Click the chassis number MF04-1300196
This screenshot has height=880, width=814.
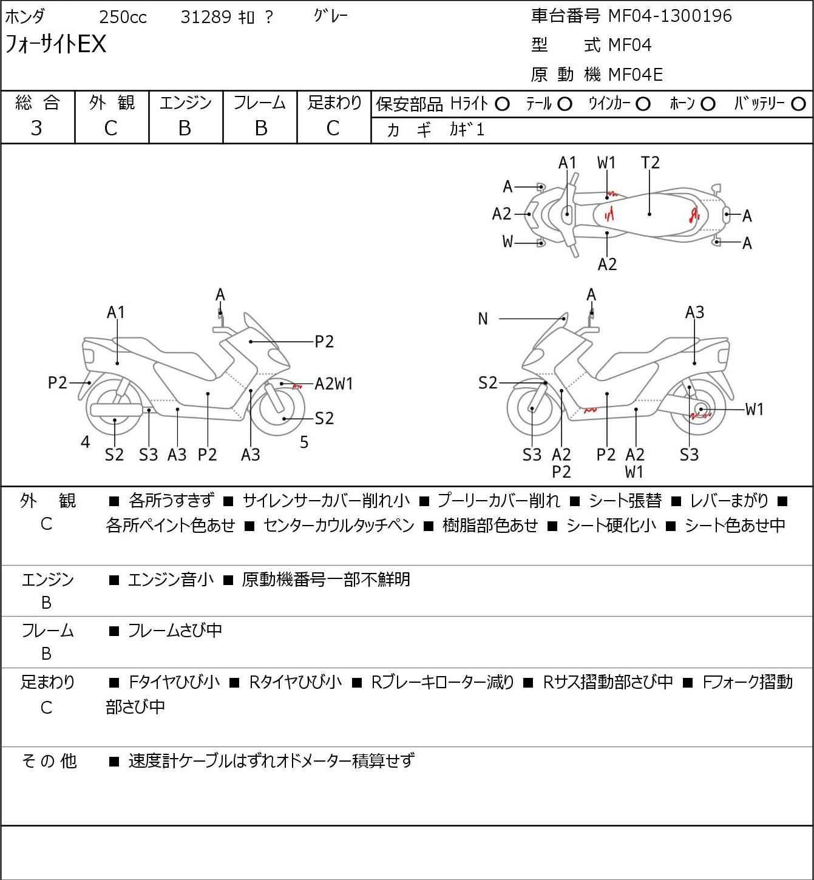[x=670, y=16]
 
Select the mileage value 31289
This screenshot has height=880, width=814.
[x=206, y=18]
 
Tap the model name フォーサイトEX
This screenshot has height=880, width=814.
[x=56, y=44]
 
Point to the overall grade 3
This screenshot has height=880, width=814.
[x=37, y=128]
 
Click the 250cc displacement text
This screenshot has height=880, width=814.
[x=123, y=18]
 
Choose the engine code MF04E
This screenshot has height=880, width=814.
[x=636, y=75]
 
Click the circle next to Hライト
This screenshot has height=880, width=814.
[x=502, y=104]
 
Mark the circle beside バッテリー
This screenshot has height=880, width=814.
[x=799, y=104]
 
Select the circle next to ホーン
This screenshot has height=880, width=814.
[x=708, y=104]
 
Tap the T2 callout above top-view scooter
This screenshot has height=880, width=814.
[x=650, y=163]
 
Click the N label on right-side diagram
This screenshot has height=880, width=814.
[x=483, y=319]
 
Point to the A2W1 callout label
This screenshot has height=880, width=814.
[x=334, y=384]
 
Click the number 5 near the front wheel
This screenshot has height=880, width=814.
[x=304, y=442]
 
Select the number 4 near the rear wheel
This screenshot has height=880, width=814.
[x=86, y=442]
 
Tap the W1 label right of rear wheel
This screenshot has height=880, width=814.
[x=755, y=410]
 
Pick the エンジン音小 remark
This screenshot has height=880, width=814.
[x=171, y=580]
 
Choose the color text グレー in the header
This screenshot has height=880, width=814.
[x=331, y=16]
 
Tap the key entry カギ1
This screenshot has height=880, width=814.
[x=467, y=130]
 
